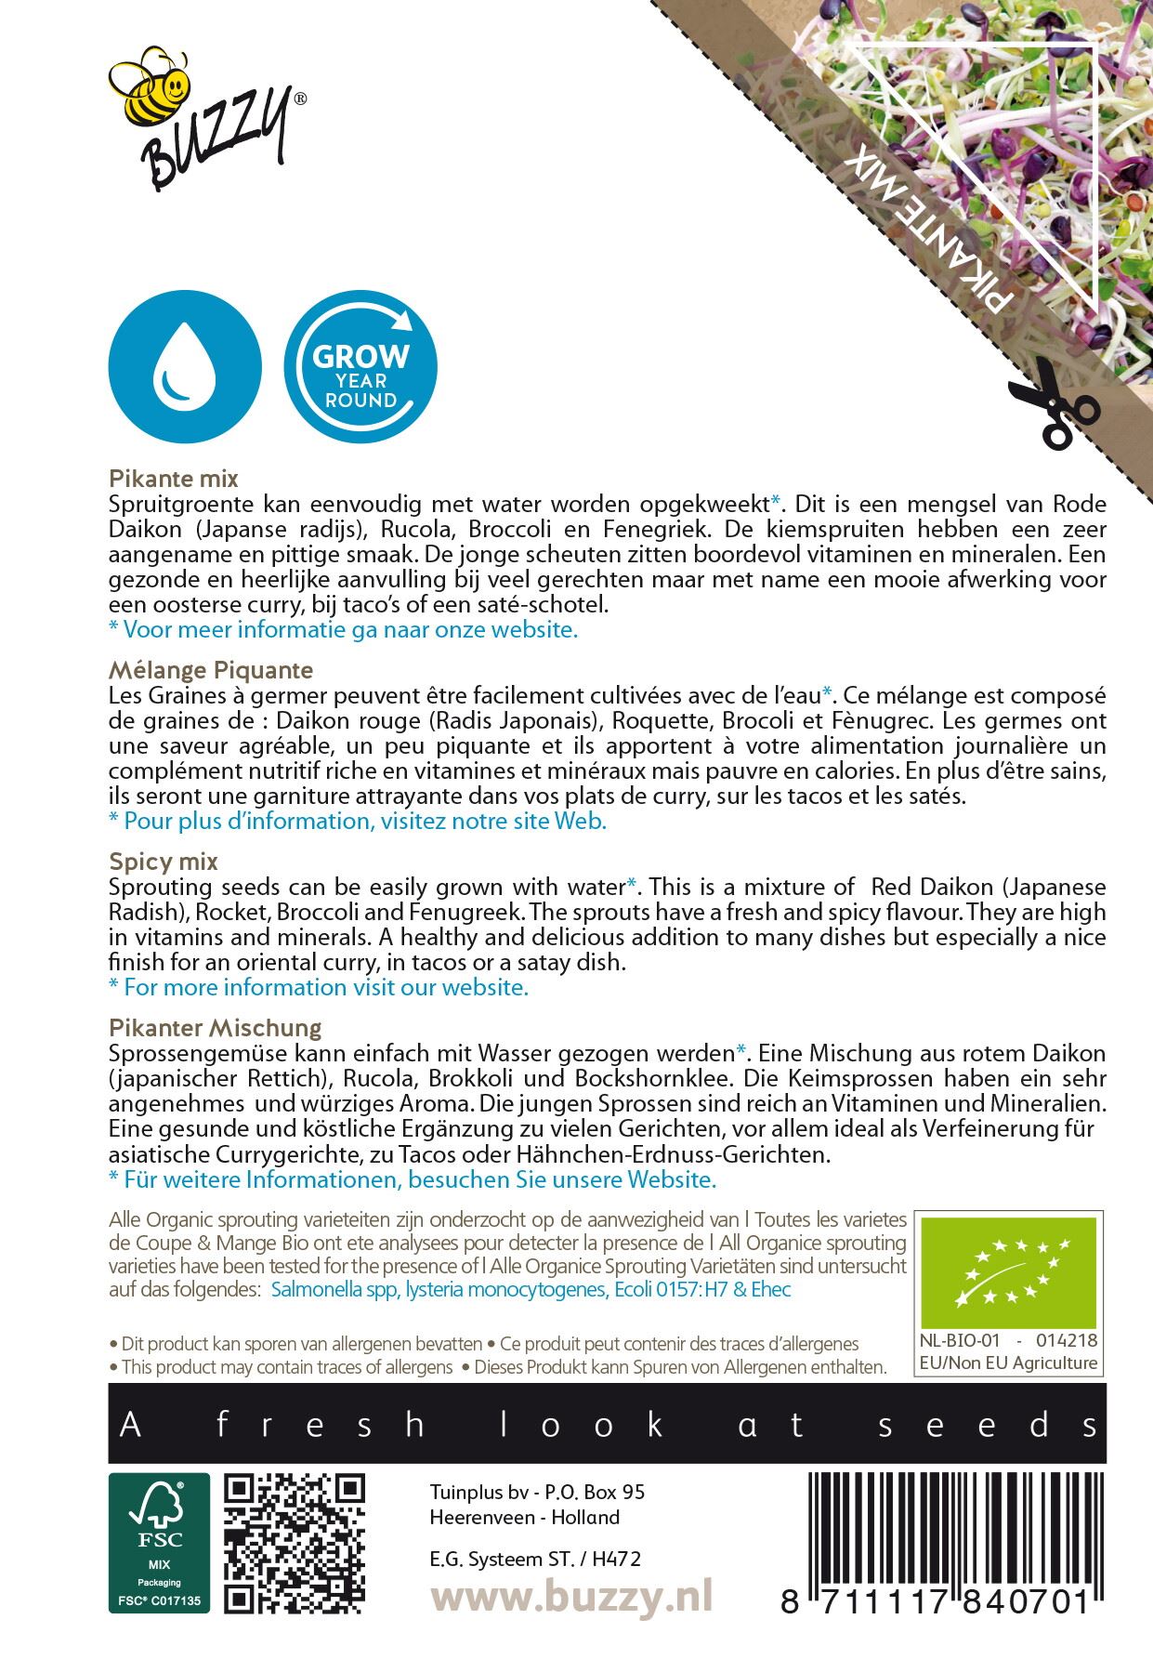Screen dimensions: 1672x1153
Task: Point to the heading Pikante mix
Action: [174, 479]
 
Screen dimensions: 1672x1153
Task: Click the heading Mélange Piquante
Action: [211, 669]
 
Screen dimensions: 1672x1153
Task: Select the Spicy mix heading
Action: [164, 861]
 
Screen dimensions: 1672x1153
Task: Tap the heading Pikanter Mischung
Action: [215, 1027]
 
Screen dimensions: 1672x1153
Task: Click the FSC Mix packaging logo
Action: [159, 1542]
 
